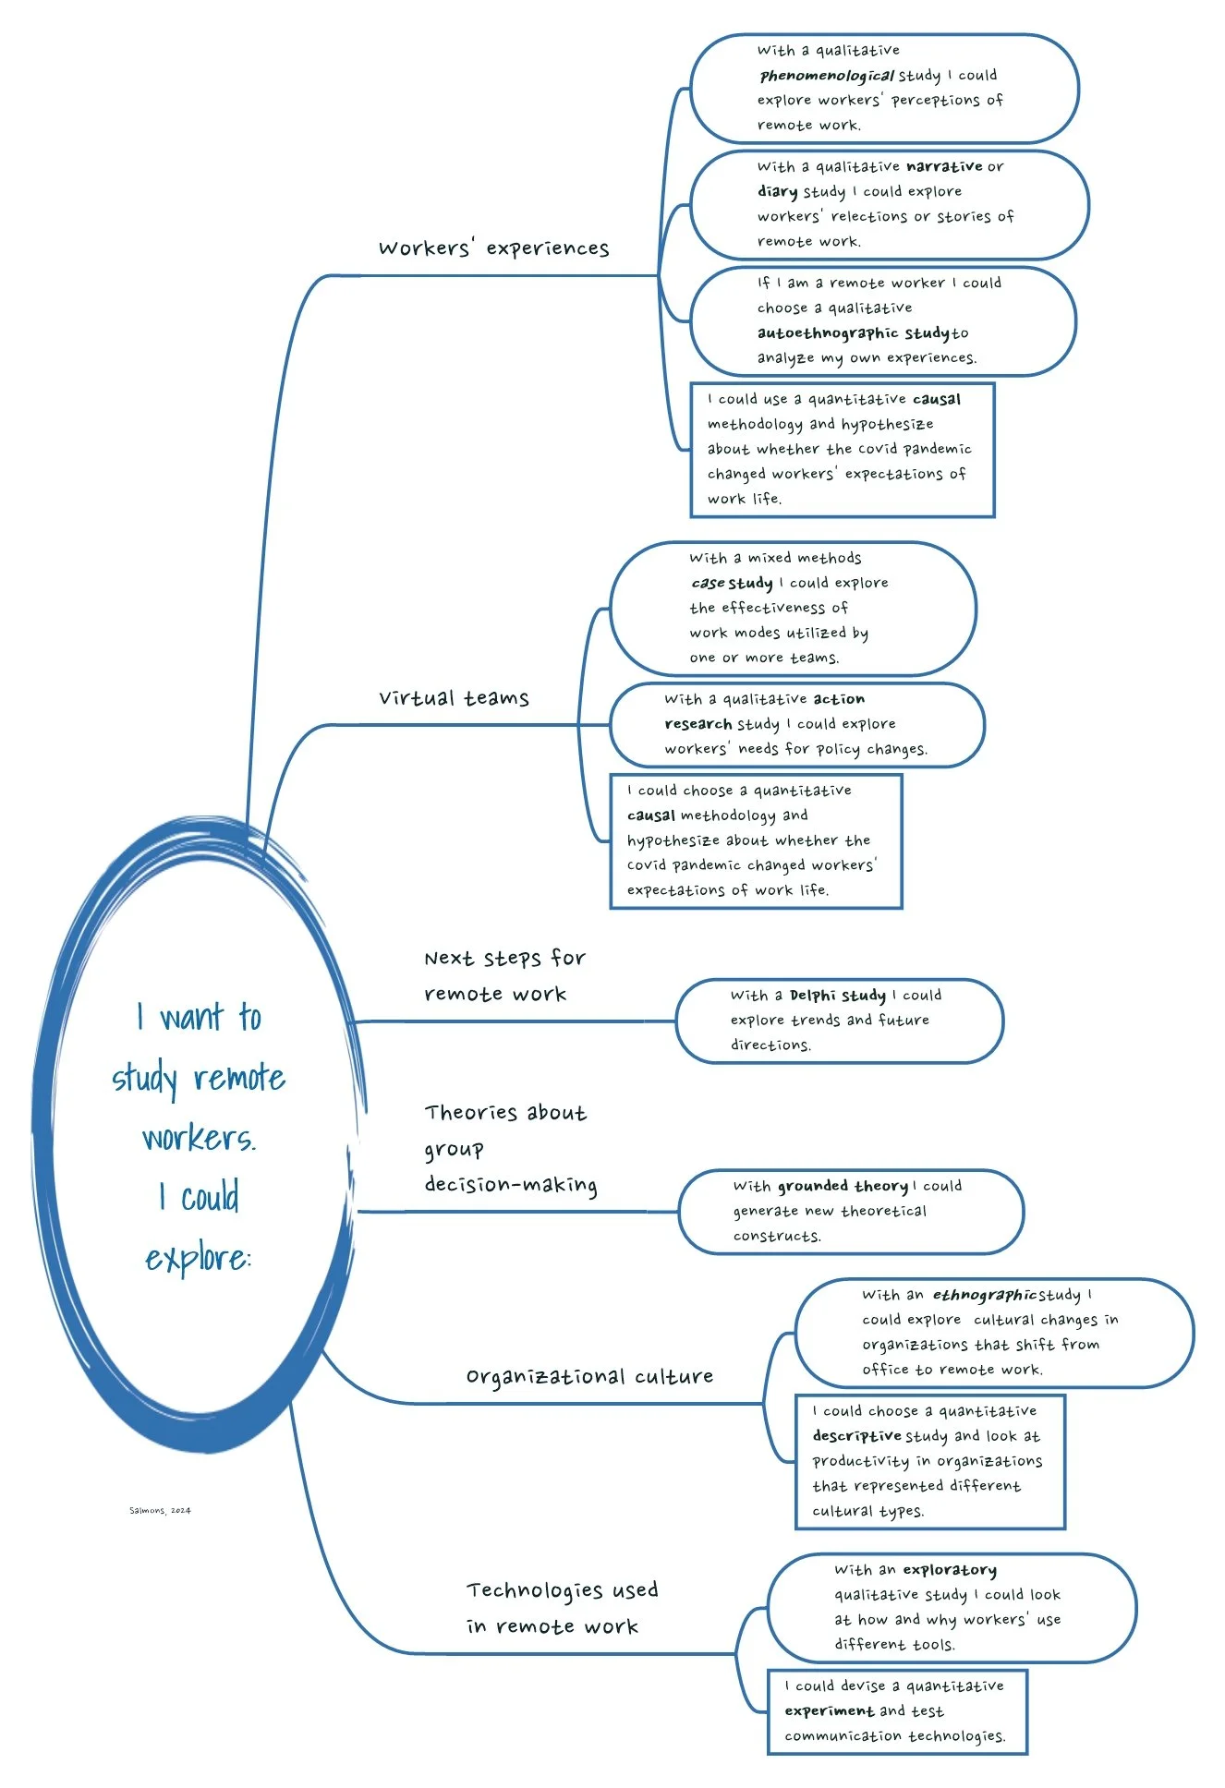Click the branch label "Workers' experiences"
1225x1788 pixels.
pyautogui.click(x=493, y=248)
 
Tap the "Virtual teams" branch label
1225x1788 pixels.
pyautogui.click(x=454, y=698)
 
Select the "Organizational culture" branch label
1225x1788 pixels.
pyautogui.click(x=589, y=1376)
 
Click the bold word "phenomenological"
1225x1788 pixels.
pyautogui.click(x=826, y=76)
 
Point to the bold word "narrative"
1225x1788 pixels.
pyautogui.click(x=944, y=166)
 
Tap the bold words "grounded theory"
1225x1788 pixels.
pyautogui.click(x=843, y=1186)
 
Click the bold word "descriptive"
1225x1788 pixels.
pyautogui.click(x=856, y=1436)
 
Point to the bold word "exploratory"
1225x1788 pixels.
pyautogui.click(x=950, y=1569)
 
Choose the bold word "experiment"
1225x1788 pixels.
pyautogui.click(x=829, y=1710)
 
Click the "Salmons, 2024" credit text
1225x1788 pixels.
pyautogui.click(x=160, y=1511)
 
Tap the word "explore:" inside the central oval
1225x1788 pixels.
pyautogui.click(x=198, y=1258)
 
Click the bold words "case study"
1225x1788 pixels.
pyautogui.click(x=732, y=583)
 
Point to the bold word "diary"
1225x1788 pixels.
pyautogui.click(x=777, y=191)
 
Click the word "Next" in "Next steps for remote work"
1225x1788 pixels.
pyautogui.click(x=449, y=959)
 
